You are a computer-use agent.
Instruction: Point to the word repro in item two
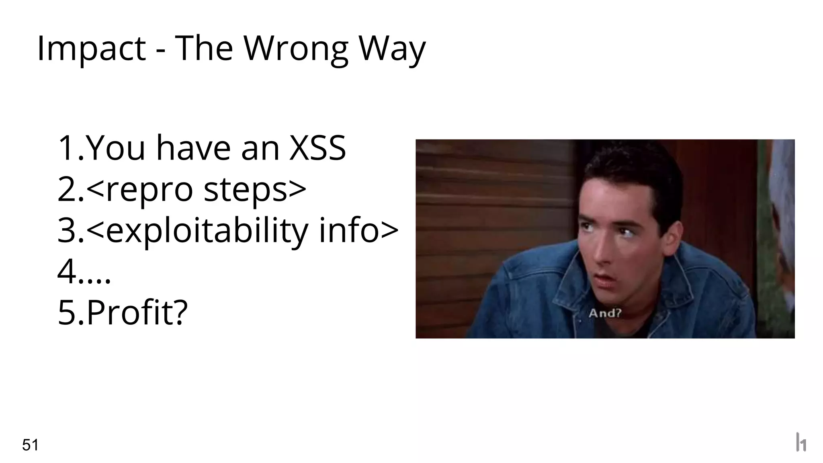point(149,190)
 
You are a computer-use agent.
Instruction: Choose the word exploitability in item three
point(207,231)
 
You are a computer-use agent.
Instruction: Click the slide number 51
point(30,445)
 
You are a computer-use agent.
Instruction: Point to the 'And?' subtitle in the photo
point(605,313)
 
